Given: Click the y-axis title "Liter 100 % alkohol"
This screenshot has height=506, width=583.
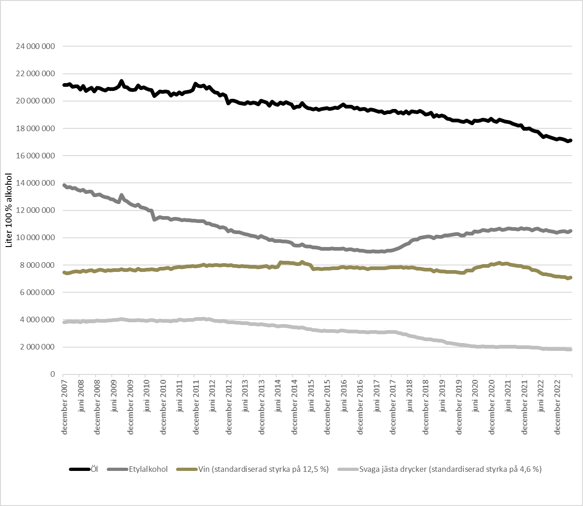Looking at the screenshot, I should pos(9,210).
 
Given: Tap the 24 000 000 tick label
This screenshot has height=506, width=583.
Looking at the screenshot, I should pos(35,46).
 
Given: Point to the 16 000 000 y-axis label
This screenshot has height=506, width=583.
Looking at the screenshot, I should pos(35,156).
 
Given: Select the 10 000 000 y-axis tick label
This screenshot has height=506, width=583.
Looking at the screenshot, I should pos(35,238).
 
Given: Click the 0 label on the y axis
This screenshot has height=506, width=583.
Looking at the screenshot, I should pos(53,374).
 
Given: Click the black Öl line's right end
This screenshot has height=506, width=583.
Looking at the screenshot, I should pos(571,140).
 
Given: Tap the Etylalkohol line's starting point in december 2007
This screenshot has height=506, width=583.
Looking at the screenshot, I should pos(64,185).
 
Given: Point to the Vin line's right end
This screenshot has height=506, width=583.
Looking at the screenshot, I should pos(571,277).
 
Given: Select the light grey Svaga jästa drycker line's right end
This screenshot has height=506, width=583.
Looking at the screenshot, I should pos(571,349).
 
